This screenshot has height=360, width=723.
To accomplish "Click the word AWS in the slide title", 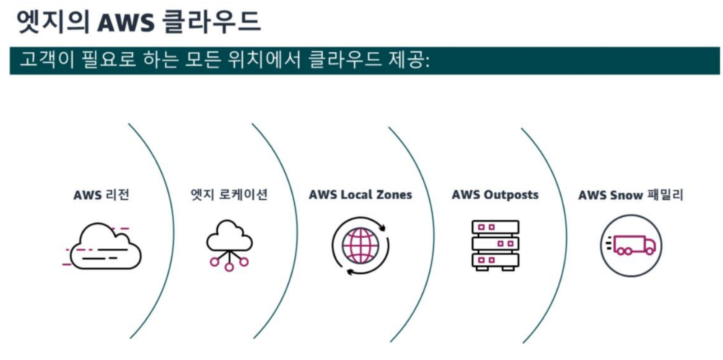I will click(x=125, y=22).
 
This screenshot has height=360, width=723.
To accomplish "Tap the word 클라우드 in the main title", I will click(x=211, y=22).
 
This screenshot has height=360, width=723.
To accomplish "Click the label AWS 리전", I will click(x=102, y=195).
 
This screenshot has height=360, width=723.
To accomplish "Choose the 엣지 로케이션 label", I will click(x=229, y=194).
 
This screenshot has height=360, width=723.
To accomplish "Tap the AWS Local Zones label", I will click(x=360, y=195).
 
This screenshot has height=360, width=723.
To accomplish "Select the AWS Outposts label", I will click(x=495, y=195).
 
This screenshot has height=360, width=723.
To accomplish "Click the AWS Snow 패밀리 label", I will click(x=630, y=195).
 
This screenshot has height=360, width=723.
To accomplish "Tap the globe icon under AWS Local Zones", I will click(x=360, y=246).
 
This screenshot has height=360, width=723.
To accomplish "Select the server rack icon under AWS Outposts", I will click(x=495, y=245).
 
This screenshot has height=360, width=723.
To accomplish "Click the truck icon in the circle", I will click(x=631, y=245).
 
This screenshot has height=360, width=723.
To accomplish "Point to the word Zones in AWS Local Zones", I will click(x=394, y=195).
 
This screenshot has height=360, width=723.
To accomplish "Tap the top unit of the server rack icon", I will click(x=495, y=227).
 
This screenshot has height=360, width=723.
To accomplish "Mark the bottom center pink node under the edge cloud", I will click(x=229, y=267).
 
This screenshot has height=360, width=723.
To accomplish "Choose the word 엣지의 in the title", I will click(x=52, y=22).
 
